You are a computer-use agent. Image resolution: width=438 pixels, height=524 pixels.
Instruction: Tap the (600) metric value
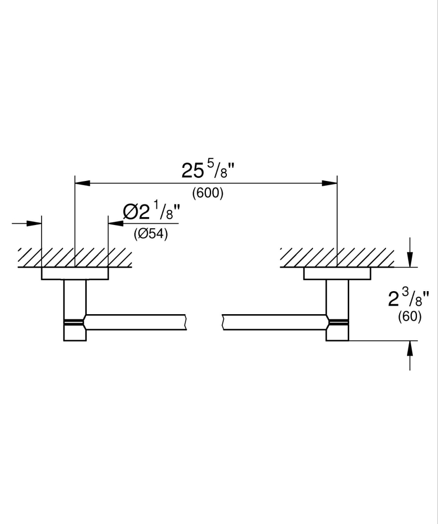[207, 193]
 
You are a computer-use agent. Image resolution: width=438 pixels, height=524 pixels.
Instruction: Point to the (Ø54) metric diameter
[151, 234]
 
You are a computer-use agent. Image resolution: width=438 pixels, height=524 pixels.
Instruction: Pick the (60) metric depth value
[409, 317]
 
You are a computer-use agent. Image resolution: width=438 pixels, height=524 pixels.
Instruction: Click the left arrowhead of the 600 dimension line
[82, 183]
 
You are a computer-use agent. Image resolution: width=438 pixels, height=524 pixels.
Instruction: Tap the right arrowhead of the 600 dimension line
[329, 183]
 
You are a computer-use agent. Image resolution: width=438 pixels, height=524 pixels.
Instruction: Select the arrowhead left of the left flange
[35, 223]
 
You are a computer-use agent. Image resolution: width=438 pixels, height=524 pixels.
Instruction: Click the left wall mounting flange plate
[75, 273]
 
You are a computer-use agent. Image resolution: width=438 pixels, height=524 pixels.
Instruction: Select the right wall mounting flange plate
[337, 273]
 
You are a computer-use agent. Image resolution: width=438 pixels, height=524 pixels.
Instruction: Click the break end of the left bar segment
[185, 322]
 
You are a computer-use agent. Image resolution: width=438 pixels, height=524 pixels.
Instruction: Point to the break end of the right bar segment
[223, 322]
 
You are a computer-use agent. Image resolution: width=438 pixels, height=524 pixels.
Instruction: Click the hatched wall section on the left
[75, 257]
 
